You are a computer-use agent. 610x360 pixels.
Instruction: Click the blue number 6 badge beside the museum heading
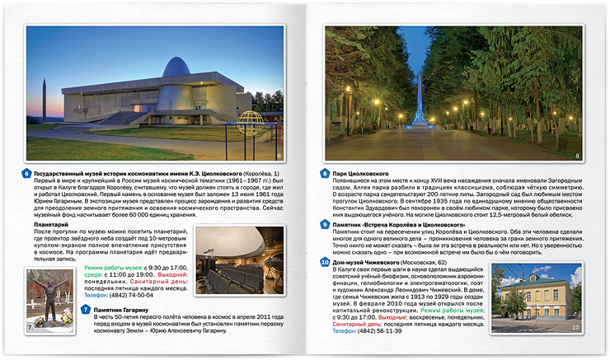point(26,174)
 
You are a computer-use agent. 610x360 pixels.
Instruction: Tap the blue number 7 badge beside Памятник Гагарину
point(86,310)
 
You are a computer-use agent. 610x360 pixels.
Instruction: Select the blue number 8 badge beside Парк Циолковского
point(325,174)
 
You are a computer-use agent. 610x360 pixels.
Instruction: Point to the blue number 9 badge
point(325,224)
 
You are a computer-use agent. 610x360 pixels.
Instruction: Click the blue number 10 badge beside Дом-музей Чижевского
point(325,262)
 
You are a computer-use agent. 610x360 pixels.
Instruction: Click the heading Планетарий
point(51,223)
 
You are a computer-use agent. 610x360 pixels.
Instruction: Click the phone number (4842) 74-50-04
point(132,294)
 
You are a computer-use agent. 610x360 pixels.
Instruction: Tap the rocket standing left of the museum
point(43,99)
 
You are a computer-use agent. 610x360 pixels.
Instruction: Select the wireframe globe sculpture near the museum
point(249,121)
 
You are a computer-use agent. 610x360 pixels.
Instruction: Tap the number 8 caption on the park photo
point(577,156)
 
